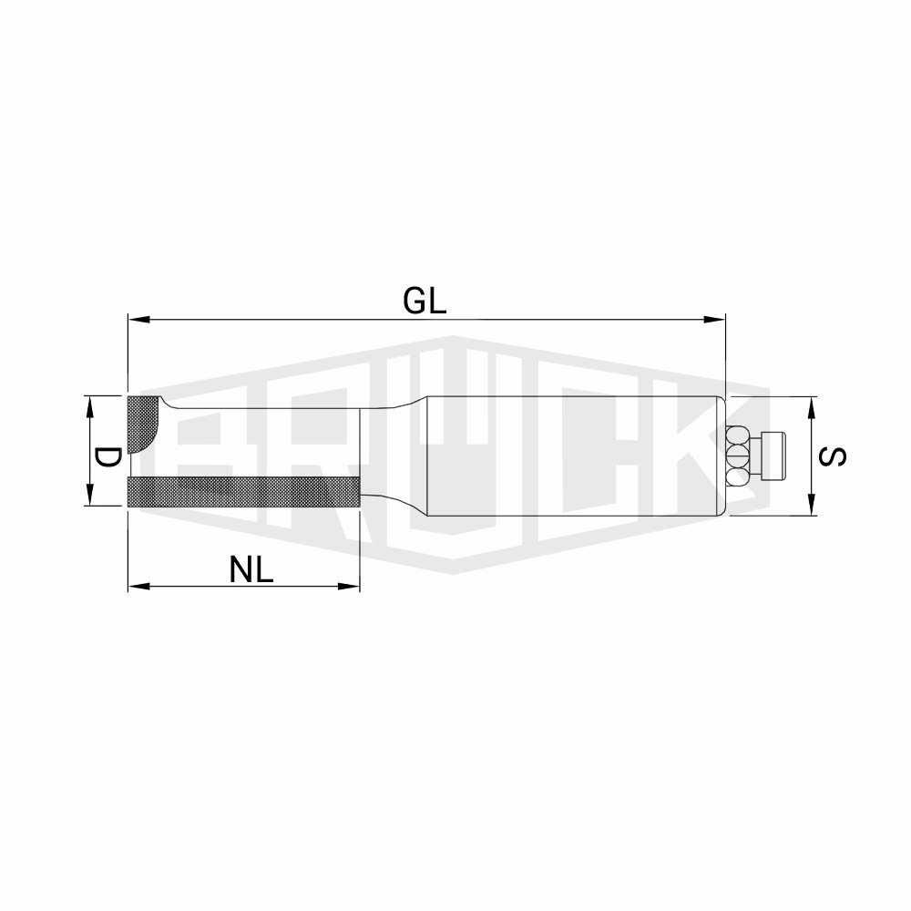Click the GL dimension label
click(425, 302)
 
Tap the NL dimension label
click(251, 569)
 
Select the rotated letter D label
click(107, 458)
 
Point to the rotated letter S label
click(832, 456)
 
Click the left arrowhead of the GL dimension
click(139, 319)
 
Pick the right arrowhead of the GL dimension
click(714, 319)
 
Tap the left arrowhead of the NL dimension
click(139, 586)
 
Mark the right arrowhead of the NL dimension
click(349, 586)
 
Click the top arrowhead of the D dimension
click(89, 406)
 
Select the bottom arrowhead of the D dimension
click(89, 495)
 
